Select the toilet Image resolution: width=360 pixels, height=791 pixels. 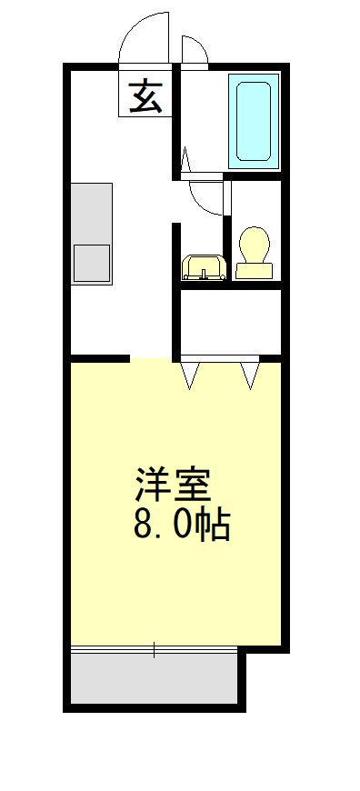pyautogui.click(x=254, y=251)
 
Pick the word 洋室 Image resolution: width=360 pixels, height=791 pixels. pyautogui.click(x=173, y=485)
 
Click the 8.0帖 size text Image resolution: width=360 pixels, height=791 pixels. pyautogui.click(x=181, y=525)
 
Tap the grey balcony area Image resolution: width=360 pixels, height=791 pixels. pyautogui.click(x=155, y=678)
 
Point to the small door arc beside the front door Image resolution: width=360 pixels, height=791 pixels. pyautogui.click(x=194, y=49)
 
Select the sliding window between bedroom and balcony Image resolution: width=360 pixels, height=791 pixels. pyautogui.click(x=155, y=649)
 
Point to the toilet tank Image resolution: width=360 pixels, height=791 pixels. pyautogui.click(x=254, y=270)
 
